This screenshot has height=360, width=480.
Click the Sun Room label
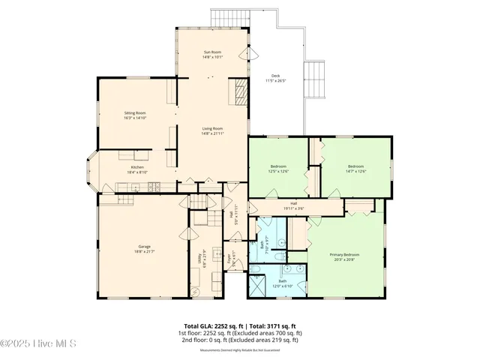tap(212, 54)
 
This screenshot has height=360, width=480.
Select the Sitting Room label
tap(135, 115)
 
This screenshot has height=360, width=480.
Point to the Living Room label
tap(212, 130)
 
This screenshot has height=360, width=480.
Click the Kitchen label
tap(137, 169)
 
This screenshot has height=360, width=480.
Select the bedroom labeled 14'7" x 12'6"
tap(355, 168)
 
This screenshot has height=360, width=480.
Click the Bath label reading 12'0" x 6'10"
tap(283, 283)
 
